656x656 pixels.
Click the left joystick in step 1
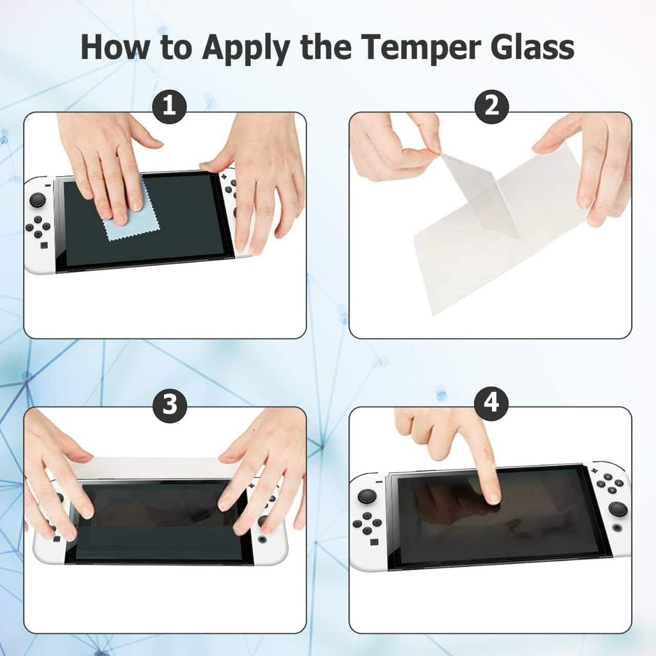[38, 199]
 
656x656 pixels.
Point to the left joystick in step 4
[367, 496]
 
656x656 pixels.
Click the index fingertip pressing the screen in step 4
[492, 496]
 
